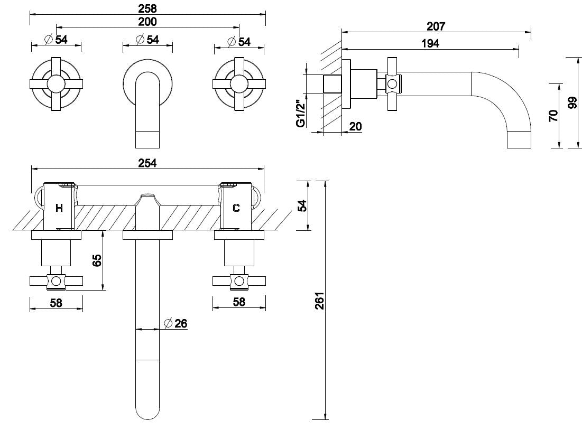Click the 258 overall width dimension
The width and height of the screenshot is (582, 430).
point(147,8)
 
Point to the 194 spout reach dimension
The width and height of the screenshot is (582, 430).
point(430,44)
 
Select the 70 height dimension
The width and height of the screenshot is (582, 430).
point(553,116)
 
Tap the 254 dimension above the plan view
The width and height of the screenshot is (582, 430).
point(147,163)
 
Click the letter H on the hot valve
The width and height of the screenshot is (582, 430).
point(59,208)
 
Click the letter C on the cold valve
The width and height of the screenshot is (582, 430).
point(236,208)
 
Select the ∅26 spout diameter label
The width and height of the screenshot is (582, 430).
point(175,323)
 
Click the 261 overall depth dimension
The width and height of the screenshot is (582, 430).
point(318,301)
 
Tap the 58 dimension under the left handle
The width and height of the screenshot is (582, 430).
point(56,302)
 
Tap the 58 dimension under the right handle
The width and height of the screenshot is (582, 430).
point(239,302)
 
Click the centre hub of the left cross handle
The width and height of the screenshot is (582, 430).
point(56,84)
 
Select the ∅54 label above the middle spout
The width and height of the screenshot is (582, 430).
point(147,40)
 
